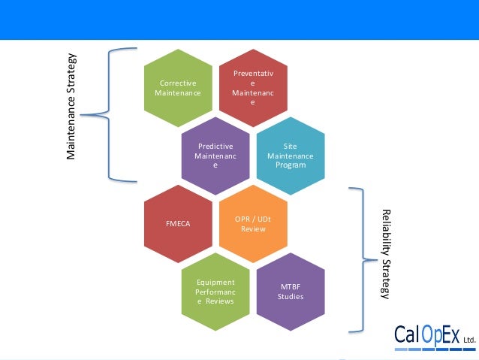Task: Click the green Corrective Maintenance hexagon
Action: coord(177,87)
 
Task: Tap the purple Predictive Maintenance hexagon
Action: coord(215,156)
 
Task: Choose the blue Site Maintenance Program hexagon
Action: coord(290,156)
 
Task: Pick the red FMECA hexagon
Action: coord(177,223)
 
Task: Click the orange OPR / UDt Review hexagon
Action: coord(252,223)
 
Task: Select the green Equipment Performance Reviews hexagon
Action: coord(215,292)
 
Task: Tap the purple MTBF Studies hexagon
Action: coord(290,292)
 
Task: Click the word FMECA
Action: coord(177,223)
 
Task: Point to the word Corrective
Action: coord(177,83)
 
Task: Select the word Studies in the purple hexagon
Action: coord(290,296)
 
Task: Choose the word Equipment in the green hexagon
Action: coord(215,282)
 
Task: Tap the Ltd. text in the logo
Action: coord(469,340)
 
